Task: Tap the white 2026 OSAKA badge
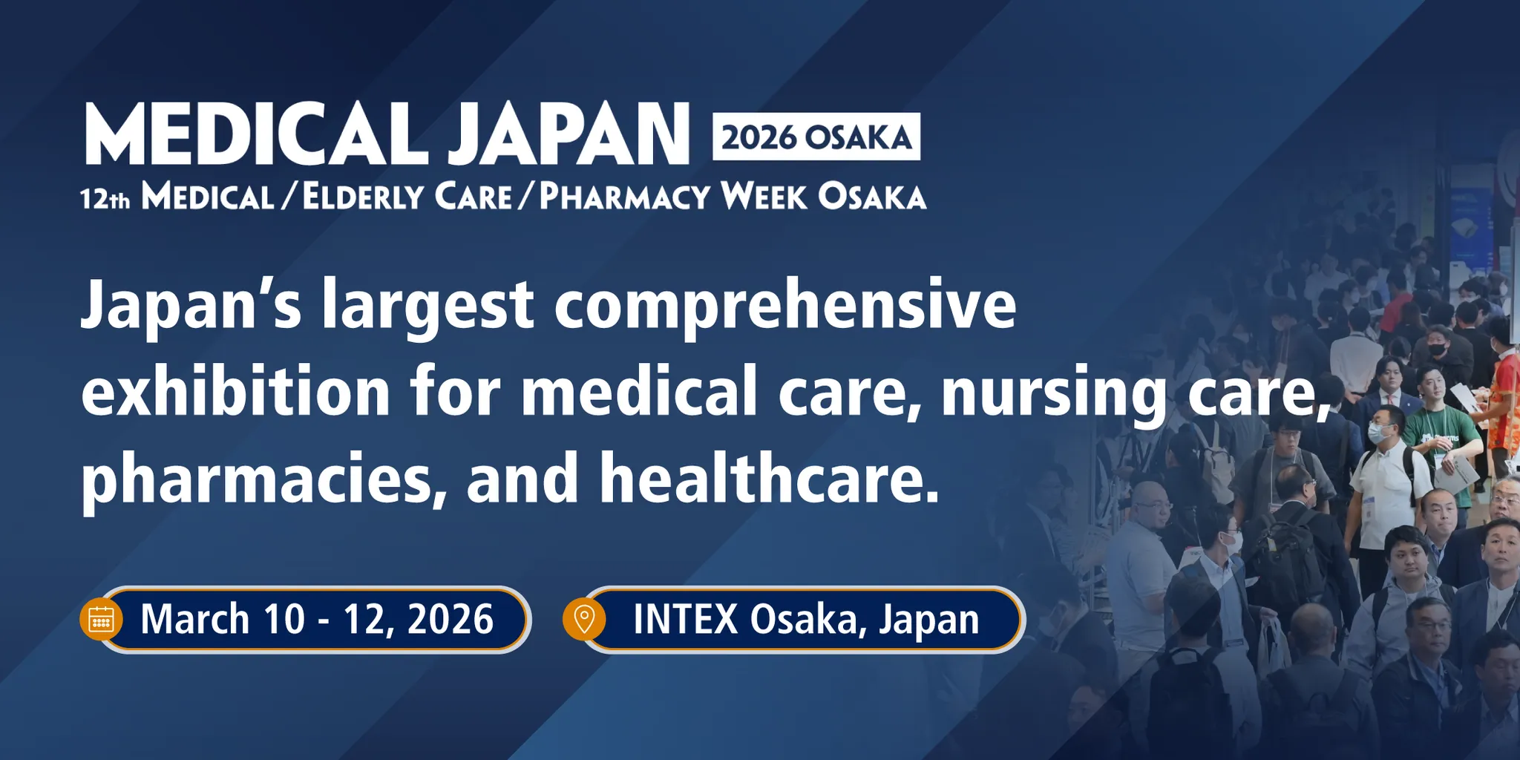(816, 137)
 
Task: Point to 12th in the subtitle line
(105, 198)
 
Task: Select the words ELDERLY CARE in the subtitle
(407, 197)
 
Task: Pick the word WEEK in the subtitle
(764, 197)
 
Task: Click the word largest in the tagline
(427, 304)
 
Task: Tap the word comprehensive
(785, 304)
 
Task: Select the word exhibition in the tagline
(236, 391)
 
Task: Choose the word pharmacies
(257, 479)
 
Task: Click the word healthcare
(769, 479)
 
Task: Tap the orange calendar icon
(101, 619)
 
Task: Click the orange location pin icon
(584, 619)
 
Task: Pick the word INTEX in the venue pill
(685, 619)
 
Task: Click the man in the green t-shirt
(1440, 430)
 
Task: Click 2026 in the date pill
(451, 619)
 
